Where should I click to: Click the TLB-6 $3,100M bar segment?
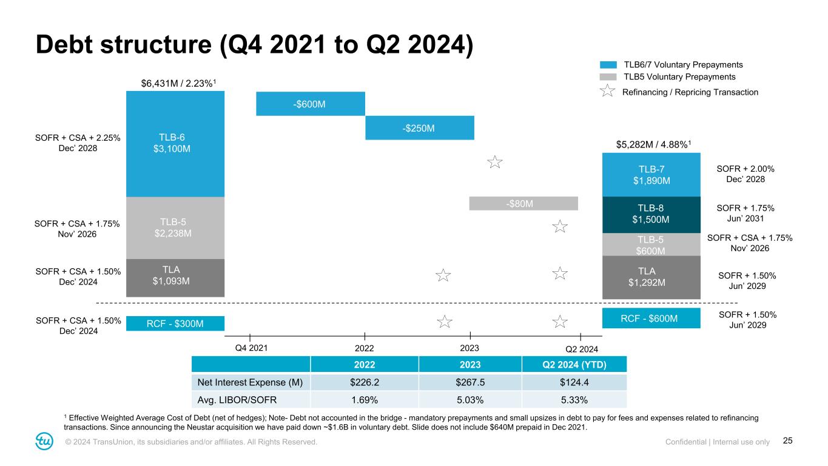pyautogui.click(x=175, y=143)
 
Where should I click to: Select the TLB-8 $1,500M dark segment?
pyautogui.click(x=651, y=215)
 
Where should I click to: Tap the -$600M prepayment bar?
pyautogui.click(x=310, y=104)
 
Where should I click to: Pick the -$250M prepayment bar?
pyautogui.click(x=419, y=128)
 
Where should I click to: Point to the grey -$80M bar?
pyautogui.click(x=523, y=203)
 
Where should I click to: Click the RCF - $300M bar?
pyautogui.click(x=175, y=324)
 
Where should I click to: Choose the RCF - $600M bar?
pyautogui.click(x=651, y=318)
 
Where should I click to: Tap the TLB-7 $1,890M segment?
pyautogui.click(x=651, y=174)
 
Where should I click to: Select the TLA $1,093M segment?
pyautogui.click(x=175, y=278)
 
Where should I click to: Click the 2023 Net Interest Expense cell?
pyautogui.click(x=470, y=382)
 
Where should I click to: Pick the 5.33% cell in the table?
pyautogui.click(x=574, y=399)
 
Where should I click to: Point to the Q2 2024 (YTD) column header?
pyautogui.click(x=574, y=365)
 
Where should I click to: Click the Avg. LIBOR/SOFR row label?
pyautogui.click(x=251, y=399)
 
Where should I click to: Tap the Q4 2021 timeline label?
pyautogui.click(x=251, y=348)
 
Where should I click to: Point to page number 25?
pyautogui.click(x=788, y=441)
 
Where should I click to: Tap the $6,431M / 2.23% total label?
pyautogui.click(x=175, y=83)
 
